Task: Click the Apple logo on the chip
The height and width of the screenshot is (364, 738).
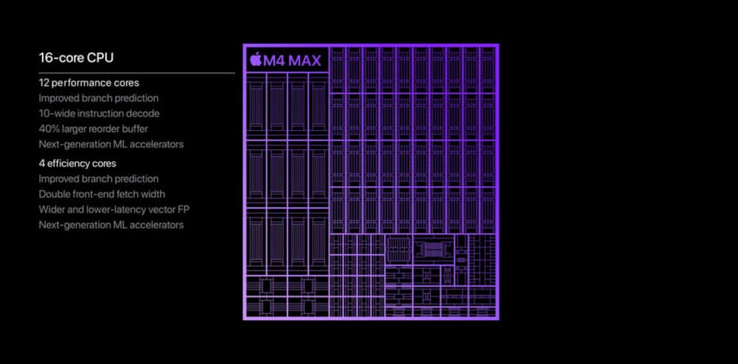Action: [256, 61]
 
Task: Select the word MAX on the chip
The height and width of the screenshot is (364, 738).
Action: [305, 61]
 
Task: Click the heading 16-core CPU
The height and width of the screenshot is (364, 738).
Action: [76, 58]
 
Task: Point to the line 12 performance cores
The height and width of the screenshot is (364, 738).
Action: [89, 83]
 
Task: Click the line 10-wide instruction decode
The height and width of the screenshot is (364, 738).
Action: [99, 113]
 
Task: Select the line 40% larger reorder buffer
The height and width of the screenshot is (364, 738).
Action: [94, 128]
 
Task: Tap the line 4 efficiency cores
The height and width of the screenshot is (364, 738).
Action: [78, 164]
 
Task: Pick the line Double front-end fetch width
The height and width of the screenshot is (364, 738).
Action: [102, 194]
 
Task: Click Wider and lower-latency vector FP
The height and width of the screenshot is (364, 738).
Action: [115, 209]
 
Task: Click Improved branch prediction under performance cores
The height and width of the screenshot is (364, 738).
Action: [99, 99]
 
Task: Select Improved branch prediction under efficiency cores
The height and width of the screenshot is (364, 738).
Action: [99, 179]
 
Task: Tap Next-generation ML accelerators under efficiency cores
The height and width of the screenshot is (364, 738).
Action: [111, 225]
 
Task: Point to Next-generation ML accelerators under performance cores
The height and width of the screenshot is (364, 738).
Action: [111, 144]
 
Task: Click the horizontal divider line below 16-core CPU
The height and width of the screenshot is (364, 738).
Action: [137, 73]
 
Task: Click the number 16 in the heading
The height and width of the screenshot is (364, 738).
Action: [45, 58]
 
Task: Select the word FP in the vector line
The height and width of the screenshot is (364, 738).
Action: [184, 209]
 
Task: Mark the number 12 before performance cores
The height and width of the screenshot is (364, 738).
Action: [44, 83]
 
